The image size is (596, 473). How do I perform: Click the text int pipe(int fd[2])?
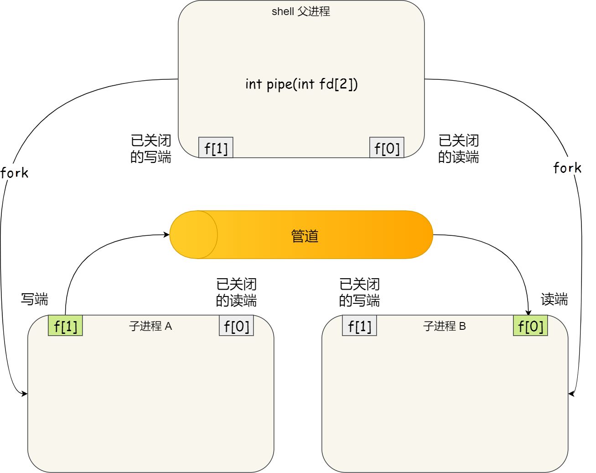(301, 84)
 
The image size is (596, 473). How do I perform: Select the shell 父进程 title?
(301, 11)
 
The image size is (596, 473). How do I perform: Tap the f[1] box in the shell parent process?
(216, 148)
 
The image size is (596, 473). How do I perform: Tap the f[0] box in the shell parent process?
(387, 148)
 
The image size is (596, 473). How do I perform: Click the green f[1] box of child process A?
(65, 326)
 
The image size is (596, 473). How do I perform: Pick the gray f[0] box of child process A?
(236, 326)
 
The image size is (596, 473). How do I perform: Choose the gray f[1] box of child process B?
(359, 326)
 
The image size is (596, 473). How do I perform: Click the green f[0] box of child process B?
(530, 326)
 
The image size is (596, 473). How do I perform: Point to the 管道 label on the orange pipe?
(305, 236)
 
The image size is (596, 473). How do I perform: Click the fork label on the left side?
(14, 173)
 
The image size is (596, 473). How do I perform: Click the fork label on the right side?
(567, 168)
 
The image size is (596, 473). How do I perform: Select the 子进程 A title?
(150, 326)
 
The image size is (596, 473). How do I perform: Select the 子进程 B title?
(445, 326)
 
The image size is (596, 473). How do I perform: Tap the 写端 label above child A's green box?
(35, 299)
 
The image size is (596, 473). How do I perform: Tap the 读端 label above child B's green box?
(554, 299)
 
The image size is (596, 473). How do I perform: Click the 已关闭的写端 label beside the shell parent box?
(151, 149)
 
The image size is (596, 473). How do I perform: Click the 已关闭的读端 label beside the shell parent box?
(459, 149)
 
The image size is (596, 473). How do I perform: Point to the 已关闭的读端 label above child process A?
(236, 292)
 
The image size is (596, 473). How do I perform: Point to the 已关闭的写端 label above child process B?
(359, 292)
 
